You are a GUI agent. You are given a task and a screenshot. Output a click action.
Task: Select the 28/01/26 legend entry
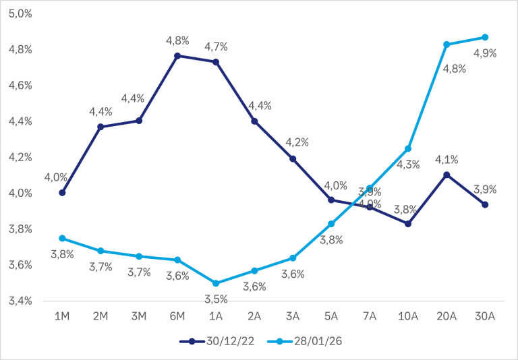click(304, 341)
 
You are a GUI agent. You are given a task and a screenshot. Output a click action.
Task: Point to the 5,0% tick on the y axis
click(20, 13)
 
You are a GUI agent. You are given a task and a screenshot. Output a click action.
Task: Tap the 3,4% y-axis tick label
click(20, 301)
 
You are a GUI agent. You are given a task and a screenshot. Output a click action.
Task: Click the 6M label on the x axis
click(177, 317)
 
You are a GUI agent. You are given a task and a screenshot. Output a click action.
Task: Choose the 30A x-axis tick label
click(484, 317)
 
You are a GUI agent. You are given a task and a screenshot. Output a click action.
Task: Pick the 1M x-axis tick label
click(62, 317)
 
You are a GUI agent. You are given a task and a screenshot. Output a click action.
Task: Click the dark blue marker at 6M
click(177, 56)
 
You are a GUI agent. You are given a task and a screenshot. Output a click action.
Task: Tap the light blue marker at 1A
click(216, 283)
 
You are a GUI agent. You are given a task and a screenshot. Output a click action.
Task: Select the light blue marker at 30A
click(484, 37)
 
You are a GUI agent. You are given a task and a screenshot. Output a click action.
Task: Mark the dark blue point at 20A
click(446, 175)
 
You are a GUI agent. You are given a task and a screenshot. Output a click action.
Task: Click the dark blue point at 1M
click(62, 193)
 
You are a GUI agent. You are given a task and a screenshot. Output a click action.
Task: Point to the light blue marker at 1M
click(62, 238)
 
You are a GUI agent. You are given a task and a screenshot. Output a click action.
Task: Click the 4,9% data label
click(484, 53)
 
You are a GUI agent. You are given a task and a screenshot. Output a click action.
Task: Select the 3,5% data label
click(216, 299)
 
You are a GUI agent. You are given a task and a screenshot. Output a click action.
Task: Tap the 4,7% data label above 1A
click(216, 47)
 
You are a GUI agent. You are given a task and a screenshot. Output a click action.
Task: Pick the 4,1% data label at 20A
click(446, 160)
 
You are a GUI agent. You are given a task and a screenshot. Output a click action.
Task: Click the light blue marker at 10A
click(407, 148)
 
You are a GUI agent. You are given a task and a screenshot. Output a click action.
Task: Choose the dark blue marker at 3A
click(293, 158)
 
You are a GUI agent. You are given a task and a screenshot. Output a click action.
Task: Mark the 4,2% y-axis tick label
click(20, 157)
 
